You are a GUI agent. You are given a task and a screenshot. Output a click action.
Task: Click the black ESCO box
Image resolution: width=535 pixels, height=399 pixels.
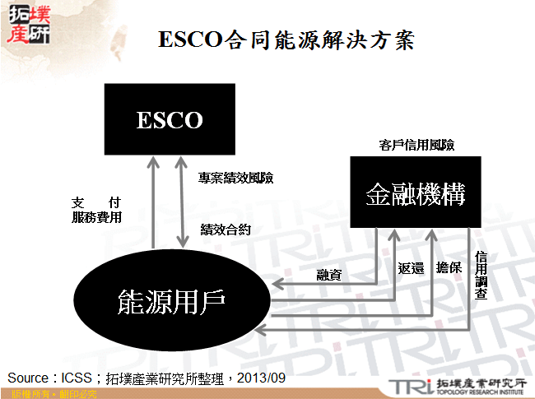tap(170, 120)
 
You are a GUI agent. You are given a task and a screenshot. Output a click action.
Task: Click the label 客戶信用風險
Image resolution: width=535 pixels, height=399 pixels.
tap(416, 145)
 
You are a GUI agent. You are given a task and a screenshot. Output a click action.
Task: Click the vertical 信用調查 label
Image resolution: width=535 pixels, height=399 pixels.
tap(481, 275)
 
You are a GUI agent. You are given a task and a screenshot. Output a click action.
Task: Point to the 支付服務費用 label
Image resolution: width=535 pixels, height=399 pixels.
tap(97, 210)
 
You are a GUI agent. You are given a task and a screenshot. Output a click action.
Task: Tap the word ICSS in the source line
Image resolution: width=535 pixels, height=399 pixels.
tap(80, 378)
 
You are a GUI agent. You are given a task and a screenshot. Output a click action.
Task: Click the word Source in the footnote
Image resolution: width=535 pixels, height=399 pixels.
tap(28, 378)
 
